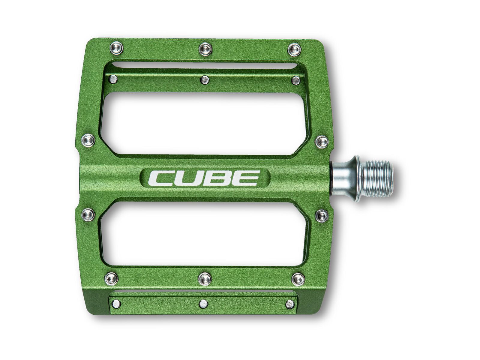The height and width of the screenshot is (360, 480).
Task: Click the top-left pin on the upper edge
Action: coord(116,48)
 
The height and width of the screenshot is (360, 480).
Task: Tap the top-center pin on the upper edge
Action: coord(205,49)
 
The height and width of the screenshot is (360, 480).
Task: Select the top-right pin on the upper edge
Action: coord(294,49)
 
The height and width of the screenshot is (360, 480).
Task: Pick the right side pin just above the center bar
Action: coord(322,141)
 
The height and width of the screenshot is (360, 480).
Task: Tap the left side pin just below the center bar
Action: coord(88,214)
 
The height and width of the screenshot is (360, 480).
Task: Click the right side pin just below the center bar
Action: coord(322,215)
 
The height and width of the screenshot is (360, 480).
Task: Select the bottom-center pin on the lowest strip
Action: coord(203,304)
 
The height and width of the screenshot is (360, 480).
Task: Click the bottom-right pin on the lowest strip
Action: coord(290,304)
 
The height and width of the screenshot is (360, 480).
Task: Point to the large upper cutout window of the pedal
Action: coord(204,123)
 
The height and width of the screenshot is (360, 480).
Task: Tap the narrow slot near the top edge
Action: coord(204,65)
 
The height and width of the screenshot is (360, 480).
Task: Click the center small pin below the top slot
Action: coord(205,79)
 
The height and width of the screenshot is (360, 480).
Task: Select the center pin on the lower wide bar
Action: coord(205,279)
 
